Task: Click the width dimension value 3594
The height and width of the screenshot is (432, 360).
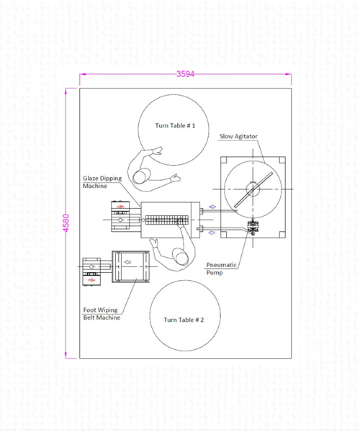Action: [x=185, y=74]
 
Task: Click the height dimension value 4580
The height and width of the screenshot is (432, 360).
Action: [x=66, y=223]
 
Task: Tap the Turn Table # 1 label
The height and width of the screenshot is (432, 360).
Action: [x=175, y=125]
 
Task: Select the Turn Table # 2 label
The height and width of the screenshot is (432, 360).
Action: [x=184, y=320]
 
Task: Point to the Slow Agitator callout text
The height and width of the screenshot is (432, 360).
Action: [x=238, y=136]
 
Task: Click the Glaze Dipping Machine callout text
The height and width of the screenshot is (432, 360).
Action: [x=102, y=182]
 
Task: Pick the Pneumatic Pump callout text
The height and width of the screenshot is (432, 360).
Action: [x=222, y=269]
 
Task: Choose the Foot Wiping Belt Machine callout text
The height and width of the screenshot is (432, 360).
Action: [x=102, y=314]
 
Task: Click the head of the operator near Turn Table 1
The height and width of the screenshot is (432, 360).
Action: [x=141, y=176]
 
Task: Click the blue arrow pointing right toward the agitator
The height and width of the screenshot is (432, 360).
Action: [x=212, y=207]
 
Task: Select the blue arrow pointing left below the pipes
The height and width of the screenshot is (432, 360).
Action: [x=212, y=233]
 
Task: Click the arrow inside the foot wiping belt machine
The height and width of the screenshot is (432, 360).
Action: [x=128, y=262]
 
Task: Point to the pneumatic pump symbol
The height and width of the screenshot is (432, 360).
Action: [x=252, y=227]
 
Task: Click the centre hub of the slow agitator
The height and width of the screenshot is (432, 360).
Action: [x=253, y=189]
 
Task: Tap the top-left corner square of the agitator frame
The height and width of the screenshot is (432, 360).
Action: [x=224, y=160]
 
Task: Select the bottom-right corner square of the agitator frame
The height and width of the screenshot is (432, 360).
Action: [x=282, y=235]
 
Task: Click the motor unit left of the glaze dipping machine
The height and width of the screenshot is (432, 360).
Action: [x=120, y=217]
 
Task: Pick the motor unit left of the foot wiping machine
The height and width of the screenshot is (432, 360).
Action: [x=91, y=271]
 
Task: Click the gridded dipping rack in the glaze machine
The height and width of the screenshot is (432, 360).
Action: [x=167, y=220]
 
